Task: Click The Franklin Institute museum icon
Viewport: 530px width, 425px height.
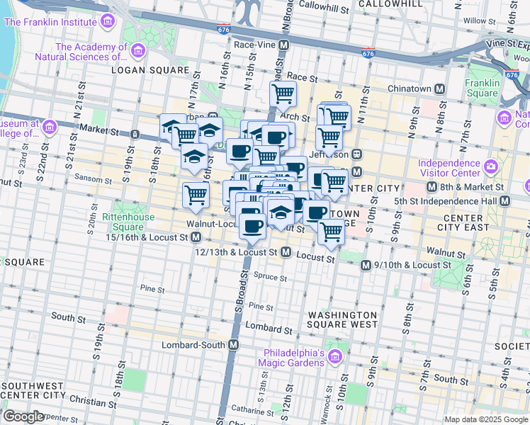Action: (x=108, y=21)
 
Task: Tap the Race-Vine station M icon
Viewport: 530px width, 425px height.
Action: (x=284, y=45)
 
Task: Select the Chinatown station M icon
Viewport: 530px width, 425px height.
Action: (x=440, y=89)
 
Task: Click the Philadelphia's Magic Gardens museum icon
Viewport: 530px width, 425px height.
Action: (x=336, y=353)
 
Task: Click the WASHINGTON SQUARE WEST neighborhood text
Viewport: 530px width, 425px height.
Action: (x=342, y=319)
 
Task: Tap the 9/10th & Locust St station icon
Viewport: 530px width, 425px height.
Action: (x=366, y=265)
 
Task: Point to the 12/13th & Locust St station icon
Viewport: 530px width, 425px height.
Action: (x=286, y=252)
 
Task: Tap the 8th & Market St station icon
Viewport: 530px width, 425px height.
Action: (x=432, y=187)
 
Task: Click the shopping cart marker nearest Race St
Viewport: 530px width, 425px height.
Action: (x=283, y=93)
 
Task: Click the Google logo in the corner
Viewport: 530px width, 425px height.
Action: (x=23, y=416)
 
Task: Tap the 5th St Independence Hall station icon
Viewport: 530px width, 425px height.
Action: (x=504, y=201)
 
